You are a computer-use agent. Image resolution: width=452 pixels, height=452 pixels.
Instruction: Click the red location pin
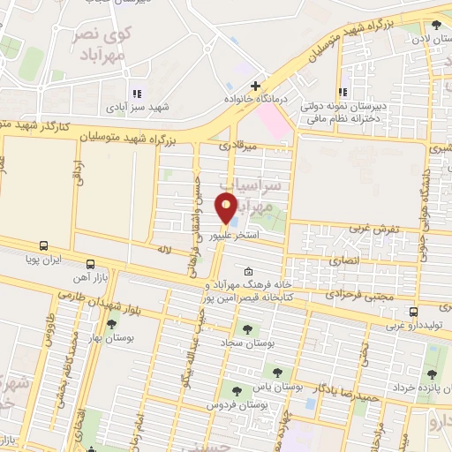point(227,209)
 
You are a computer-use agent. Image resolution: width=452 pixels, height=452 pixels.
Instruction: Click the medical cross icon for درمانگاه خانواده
point(255,86)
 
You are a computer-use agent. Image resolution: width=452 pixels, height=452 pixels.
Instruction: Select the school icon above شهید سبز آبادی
point(137,94)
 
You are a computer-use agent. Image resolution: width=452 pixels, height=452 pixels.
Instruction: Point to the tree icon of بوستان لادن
point(437,25)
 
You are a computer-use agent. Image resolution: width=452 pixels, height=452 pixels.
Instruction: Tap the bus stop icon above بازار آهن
point(90,264)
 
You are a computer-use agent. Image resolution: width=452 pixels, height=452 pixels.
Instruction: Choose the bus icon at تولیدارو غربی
point(414,312)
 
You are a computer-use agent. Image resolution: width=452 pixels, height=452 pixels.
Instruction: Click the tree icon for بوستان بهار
point(111,325)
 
